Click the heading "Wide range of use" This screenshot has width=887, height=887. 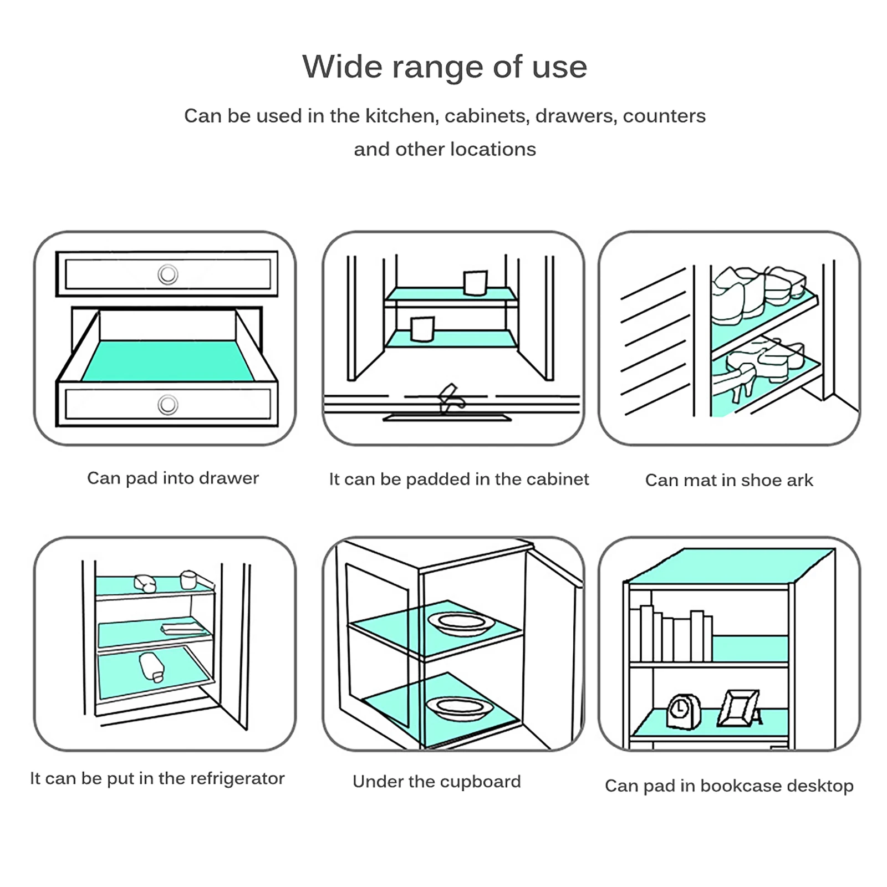[444, 67]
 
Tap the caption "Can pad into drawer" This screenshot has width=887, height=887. [173, 478]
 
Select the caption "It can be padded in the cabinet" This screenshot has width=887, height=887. [458, 479]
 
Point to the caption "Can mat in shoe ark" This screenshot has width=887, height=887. [729, 480]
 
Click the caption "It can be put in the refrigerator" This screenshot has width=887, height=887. [157, 778]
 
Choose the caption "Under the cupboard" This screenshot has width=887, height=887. [437, 782]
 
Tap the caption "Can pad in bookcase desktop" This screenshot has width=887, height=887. [729, 786]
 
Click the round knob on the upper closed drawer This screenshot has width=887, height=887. [167, 274]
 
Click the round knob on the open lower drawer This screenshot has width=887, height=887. [167, 405]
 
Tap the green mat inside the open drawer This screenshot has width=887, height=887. [167, 360]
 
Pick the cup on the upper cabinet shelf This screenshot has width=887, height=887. [475, 283]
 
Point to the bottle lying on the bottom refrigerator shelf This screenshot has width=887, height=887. [151, 667]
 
